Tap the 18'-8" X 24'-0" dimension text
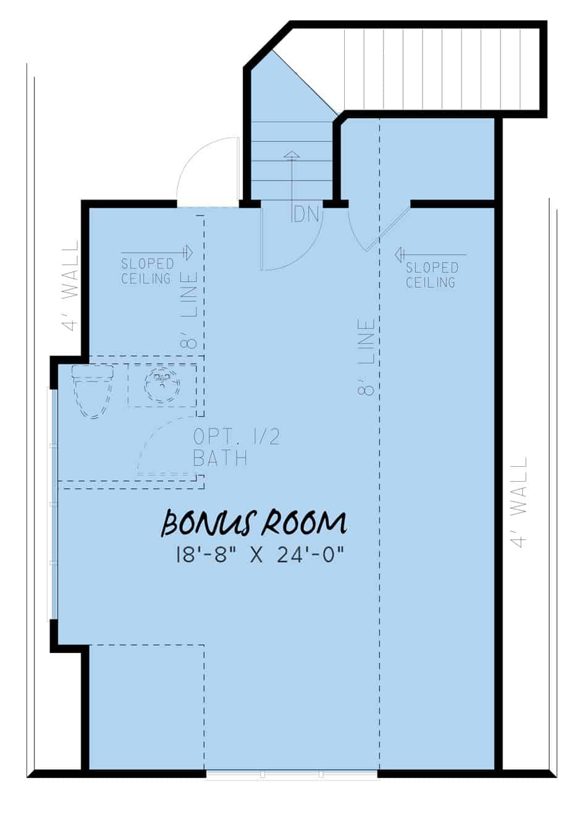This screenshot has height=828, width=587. pos(260,555)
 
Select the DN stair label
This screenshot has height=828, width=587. pos(306,215)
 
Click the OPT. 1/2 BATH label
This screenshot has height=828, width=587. pos(237,448)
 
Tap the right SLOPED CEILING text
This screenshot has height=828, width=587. pos(431,275)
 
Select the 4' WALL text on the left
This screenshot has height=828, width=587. pos(72,285)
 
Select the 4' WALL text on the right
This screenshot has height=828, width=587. pos(520,502)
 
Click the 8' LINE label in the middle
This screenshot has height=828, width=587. pos(366,357)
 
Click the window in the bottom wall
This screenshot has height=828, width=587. pos(292,774)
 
